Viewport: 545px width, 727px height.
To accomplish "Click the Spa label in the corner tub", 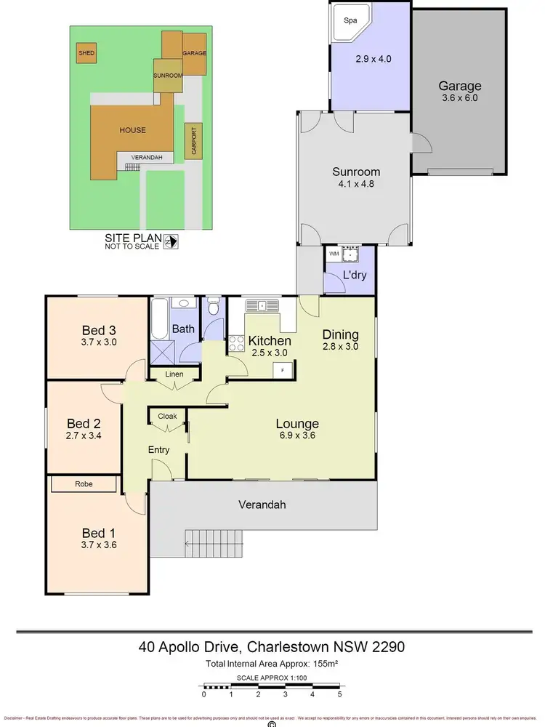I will (x=350, y=20).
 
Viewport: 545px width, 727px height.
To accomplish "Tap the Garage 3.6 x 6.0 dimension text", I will (x=459, y=98).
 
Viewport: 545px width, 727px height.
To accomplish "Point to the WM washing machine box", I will (x=334, y=254).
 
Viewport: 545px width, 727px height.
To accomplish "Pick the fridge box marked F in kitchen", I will (x=282, y=370).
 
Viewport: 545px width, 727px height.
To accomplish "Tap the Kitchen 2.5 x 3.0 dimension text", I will (x=270, y=353).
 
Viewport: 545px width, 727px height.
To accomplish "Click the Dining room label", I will (x=341, y=335).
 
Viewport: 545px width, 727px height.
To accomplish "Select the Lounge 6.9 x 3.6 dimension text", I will (x=297, y=436).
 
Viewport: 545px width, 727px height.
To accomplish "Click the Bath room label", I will (x=183, y=329).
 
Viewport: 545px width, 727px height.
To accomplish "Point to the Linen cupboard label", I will (x=174, y=374).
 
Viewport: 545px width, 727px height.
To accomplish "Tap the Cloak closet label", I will (x=167, y=417).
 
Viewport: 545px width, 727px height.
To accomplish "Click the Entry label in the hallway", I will (x=158, y=450).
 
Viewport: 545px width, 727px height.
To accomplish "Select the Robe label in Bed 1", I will (x=82, y=483).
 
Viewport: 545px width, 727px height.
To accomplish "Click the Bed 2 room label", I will (x=82, y=424).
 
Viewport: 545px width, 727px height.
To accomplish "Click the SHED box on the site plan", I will (x=86, y=53).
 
